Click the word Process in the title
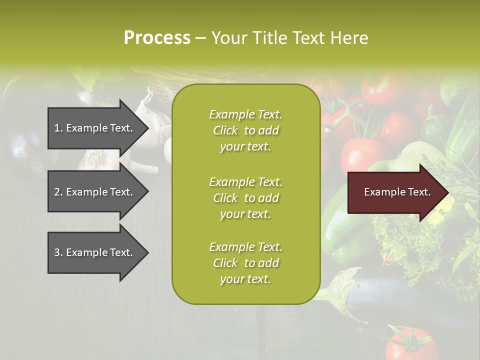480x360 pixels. click(157, 38)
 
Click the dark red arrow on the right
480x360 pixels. click(395, 192)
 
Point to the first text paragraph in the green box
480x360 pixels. click(245, 130)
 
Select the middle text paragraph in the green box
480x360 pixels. click(245, 198)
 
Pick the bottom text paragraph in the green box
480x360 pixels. click(245, 263)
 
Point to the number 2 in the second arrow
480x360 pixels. click(57, 192)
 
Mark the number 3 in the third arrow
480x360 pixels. click(57, 252)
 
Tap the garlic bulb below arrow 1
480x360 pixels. click(95, 159)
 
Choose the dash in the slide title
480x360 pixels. click(200, 38)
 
